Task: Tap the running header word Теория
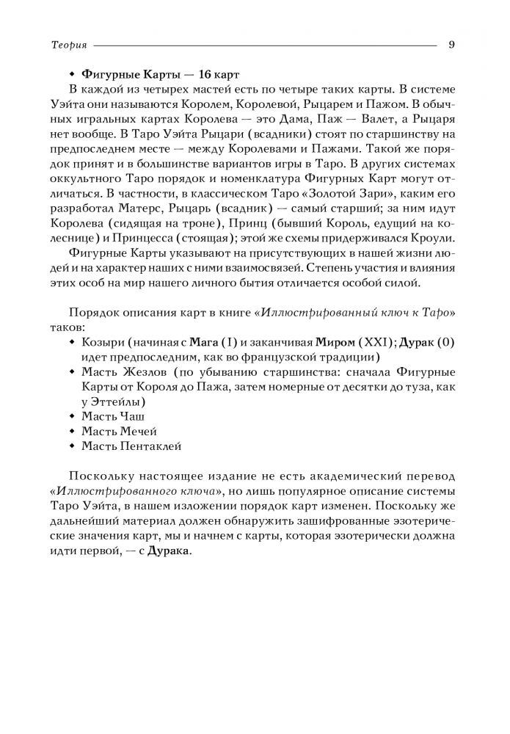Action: pos(69,45)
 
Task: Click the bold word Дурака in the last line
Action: pos(168,550)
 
